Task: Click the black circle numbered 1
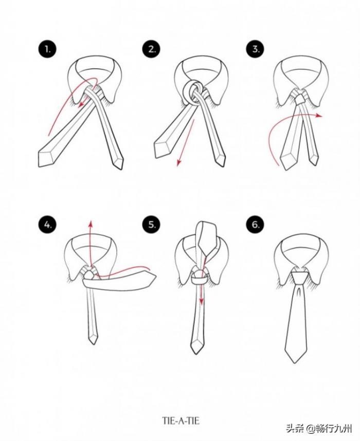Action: click(x=47, y=49)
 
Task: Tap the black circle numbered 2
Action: click(x=151, y=49)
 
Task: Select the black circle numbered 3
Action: click(x=255, y=49)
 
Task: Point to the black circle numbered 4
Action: click(x=47, y=225)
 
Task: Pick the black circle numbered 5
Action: click(x=151, y=225)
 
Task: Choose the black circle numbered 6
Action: click(x=255, y=225)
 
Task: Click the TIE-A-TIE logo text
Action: click(x=181, y=421)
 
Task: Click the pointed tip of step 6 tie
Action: click(x=295, y=363)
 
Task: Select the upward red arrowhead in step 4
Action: click(x=91, y=223)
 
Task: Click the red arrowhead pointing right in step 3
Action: click(x=319, y=115)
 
